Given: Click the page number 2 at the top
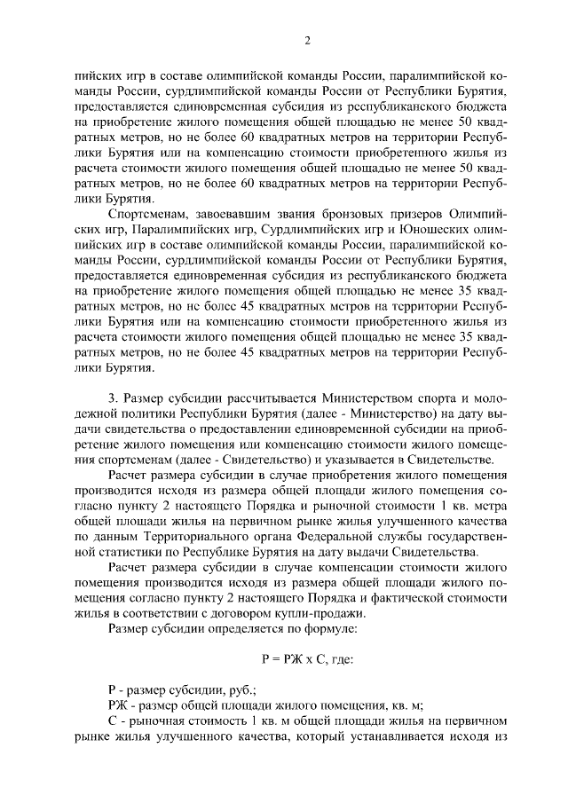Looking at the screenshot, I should pos(306,41).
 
